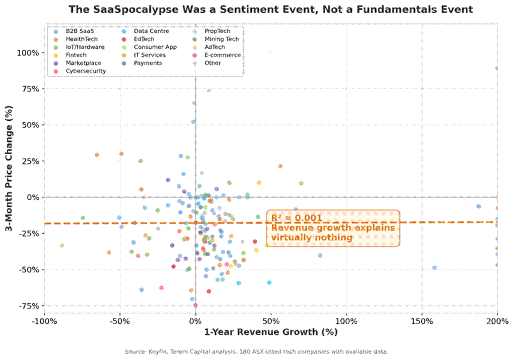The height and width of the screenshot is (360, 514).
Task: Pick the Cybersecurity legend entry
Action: point(86,71)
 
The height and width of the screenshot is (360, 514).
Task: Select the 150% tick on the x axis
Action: point(421,321)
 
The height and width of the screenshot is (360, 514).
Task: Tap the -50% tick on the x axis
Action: point(120,321)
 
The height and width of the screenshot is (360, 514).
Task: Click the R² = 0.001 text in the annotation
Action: point(296,218)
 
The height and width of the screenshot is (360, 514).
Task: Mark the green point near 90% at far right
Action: point(497,68)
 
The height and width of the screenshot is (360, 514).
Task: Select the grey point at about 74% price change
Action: point(209,90)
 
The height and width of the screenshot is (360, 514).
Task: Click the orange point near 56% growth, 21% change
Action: point(280,166)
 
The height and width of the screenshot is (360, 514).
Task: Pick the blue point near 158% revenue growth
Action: point(434,268)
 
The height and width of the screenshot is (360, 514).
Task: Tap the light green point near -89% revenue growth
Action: point(62,246)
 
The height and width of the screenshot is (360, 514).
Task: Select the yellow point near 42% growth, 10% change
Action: point(259,183)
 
